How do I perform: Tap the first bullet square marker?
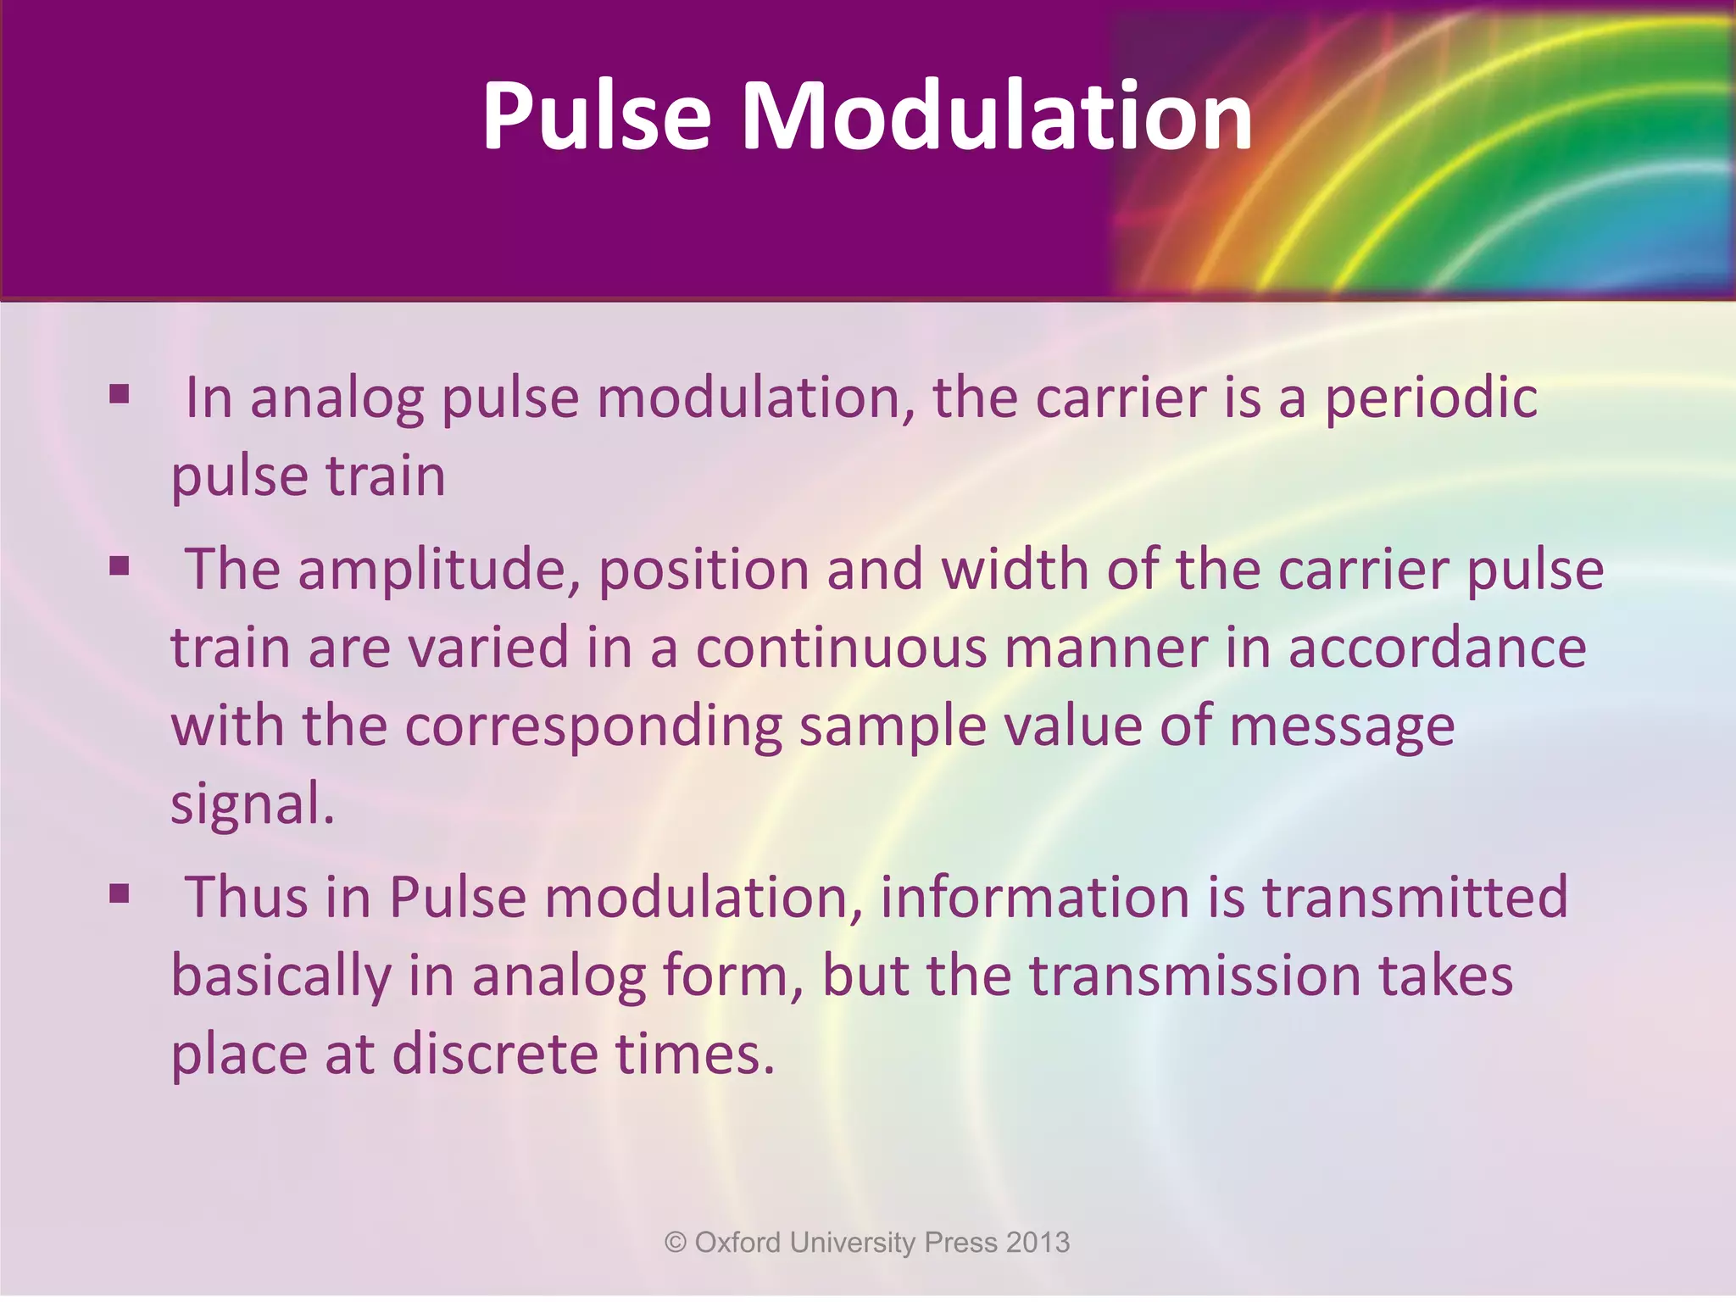point(120,394)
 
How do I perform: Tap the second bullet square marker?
point(120,565)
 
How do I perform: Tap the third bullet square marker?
point(120,893)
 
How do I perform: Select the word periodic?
point(1431,398)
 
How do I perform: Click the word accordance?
point(1437,648)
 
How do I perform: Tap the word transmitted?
point(1415,897)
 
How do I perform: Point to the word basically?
point(281,976)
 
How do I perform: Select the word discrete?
point(495,1054)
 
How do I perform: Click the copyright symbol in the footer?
point(675,1243)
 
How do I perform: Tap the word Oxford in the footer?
point(737,1243)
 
